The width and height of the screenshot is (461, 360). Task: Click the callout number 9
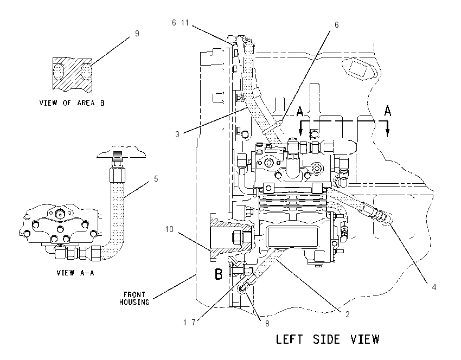[137, 34]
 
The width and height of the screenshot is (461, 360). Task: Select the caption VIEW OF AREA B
[72, 103]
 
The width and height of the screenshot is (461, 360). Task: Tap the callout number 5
[156, 179]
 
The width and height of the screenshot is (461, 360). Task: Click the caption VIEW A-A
[75, 273]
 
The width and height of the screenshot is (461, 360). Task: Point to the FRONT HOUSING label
[135, 298]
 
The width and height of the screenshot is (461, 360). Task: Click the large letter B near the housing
[219, 274]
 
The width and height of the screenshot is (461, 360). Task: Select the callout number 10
[169, 229]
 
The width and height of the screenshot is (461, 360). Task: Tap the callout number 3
[177, 134]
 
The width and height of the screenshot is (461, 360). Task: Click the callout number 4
[434, 287]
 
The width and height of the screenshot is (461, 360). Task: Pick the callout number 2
[348, 314]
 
